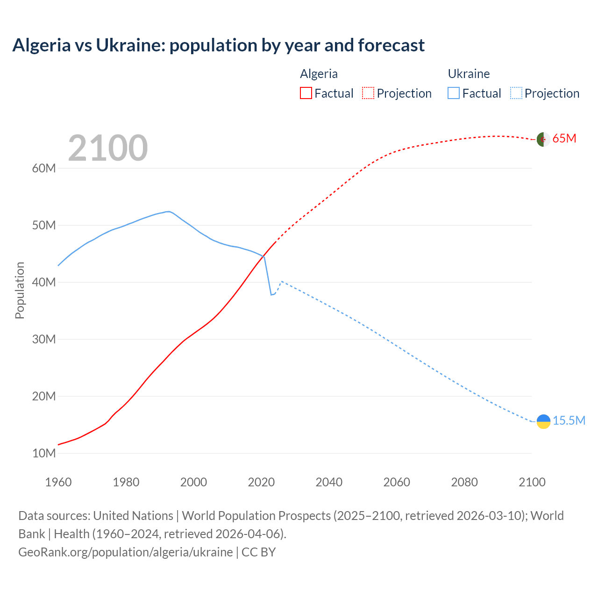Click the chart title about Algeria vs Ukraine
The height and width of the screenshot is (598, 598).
[218, 45]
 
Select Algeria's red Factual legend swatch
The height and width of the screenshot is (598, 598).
[306, 93]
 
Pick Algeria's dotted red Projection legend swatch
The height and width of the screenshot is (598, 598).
[368, 93]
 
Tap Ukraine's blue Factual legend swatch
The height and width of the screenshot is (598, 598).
[453, 93]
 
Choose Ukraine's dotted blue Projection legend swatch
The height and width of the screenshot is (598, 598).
[516, 93]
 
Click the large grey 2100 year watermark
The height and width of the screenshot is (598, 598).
[108, 148]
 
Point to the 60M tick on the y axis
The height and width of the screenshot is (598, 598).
[44, 168]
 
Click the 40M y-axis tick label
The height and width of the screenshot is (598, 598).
[44, 282]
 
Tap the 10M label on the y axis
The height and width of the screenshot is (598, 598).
[44, 453]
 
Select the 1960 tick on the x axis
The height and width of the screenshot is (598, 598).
[58, 482]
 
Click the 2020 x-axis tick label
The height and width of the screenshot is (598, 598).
[261, 482]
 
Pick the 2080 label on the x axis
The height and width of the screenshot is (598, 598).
[464, 482]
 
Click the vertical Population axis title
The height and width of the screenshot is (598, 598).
[20, 290]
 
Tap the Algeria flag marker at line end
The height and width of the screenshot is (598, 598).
[543, 139]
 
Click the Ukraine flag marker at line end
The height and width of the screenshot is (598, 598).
[543, 421]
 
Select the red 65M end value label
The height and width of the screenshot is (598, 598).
[564, 139]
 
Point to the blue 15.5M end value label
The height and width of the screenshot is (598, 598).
[569, 420]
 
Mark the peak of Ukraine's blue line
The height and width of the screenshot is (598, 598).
[168, 212]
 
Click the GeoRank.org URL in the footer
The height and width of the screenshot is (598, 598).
[125, 552]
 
